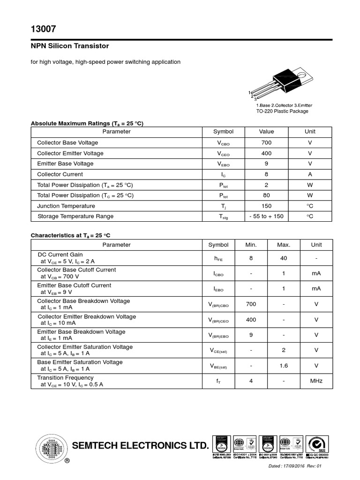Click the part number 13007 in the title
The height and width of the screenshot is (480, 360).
pos(43,29)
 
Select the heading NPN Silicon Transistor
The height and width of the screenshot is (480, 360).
pos(70,46)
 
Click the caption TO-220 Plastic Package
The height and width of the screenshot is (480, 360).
pos(282,111)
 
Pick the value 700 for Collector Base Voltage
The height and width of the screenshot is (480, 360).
pos(266,142)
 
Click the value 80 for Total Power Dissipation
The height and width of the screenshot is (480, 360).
pos(266,195)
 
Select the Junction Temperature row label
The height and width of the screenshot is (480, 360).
pos(66,206)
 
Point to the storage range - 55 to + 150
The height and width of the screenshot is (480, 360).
pos(266,216)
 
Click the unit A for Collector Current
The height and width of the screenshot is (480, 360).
pos(310,174)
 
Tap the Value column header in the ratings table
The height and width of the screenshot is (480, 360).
pos(266,132)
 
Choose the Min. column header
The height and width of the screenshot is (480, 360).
pos(251,245)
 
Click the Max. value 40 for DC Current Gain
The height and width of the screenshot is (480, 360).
pos(284,257)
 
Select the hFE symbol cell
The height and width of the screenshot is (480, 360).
pos(218,258)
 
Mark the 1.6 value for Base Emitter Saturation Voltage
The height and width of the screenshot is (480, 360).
pos(284,366)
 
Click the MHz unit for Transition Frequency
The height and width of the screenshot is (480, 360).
pos(316,381)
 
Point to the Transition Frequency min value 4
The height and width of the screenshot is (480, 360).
pos(251,381)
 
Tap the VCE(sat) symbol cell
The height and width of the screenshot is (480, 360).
pos(218,350)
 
